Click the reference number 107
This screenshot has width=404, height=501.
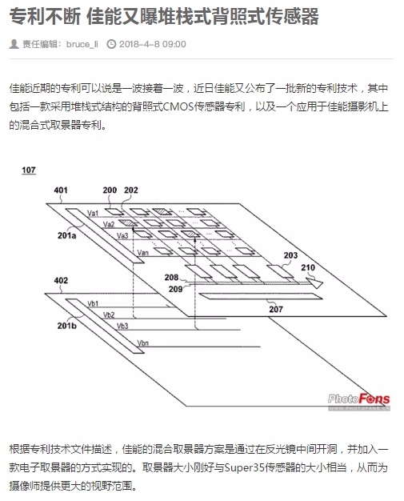pos(29,170)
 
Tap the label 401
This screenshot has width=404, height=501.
pos(61,190)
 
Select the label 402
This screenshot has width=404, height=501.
pos(61,281)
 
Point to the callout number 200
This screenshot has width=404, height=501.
pos(110,190)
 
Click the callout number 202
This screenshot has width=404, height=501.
pos(131,190)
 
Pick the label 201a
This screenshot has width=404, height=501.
pos(66,235)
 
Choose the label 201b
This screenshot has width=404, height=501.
pos(66,326)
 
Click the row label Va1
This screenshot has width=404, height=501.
pos(93,213)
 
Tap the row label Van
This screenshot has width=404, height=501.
pos(142,252)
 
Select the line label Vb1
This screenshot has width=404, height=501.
pos(93,303)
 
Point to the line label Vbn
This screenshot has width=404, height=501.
pos(142,343)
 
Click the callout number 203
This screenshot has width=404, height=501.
pos(290,255)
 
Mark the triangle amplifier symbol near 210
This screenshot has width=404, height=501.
pos(315,283)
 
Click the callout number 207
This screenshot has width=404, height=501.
pos(276,309)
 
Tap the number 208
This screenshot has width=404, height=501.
pos(171,278)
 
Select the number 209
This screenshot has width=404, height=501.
pos(175,289)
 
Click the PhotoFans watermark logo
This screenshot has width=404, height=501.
pos(358,401)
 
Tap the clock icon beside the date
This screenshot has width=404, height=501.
pos(111,44)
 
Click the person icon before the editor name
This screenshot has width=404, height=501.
pos(14,44)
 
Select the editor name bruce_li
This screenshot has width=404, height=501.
pos(82,44)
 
